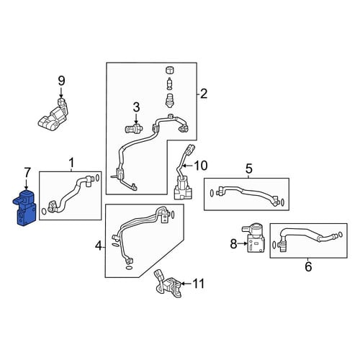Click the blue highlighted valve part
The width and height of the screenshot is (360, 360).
coord(24,208)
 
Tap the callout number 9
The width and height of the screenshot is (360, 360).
coord(62,81)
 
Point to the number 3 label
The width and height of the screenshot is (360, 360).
coord(136,107)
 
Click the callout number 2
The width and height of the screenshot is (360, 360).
coord(204,94)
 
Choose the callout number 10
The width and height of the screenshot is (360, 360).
coord(200,166)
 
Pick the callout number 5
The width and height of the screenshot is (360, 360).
coord(249,168)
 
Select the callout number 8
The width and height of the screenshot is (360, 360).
coord(233,244)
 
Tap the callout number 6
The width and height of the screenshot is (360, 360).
coord(308,266)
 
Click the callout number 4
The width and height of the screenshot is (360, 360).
coord(99,246)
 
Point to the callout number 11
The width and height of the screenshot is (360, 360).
coord(199,284)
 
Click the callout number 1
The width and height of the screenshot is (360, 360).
coord(71,163)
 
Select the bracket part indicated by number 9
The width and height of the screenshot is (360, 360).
coord(53,112)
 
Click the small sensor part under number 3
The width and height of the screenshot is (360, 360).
coord(133,129)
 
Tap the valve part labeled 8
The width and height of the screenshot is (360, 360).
coord(254,238)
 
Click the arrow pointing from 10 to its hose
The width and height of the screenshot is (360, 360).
coord(187,166)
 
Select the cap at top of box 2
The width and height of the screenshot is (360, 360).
coord(170,71)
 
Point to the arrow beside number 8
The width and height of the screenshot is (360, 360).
coord(242,244)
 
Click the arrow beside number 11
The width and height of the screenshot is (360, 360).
coord(186,284)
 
